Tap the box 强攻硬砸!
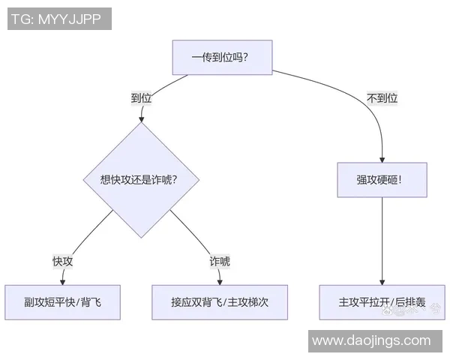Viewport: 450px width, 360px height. pos(382,180)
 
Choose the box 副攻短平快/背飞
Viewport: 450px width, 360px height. pos(62,302)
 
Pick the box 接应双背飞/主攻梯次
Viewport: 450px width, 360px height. pos(220,302)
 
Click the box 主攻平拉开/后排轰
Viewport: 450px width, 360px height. pos(382,302)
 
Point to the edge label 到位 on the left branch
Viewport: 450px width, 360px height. pos(142,97)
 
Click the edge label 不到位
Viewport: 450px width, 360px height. pos(382,97)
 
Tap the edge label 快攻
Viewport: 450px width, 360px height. pos(62,261)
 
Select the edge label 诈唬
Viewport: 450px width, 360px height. pos(220,261)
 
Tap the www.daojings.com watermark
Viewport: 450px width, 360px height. pos(371,340)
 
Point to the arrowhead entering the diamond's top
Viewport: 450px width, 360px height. pos(140,118)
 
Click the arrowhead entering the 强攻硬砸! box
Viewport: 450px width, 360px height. pos(382,159)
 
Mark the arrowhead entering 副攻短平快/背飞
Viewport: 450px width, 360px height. pos(62,281)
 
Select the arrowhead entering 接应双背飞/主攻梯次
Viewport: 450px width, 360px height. pos(220,281)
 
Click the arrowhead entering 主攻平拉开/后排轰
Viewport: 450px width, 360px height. pos(382,281)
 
